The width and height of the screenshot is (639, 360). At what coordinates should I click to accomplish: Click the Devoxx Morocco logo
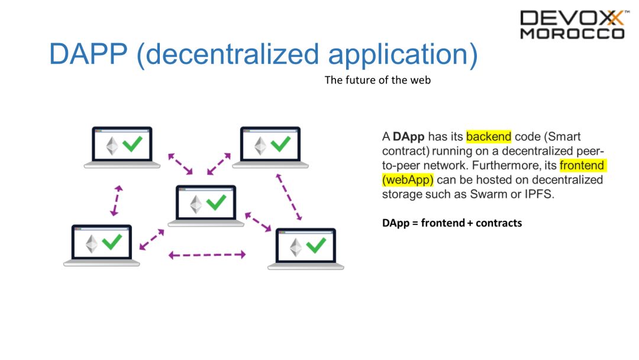[572, 24]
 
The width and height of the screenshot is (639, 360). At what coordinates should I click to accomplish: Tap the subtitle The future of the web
[377, 80]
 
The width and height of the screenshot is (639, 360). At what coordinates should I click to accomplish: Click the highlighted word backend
[489, 137]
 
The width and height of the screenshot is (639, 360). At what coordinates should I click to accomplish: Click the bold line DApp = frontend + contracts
[452, 223]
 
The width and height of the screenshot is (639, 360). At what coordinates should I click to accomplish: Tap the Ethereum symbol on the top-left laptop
[111, 145]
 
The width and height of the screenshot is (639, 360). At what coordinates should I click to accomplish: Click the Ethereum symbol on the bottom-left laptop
[91, 243]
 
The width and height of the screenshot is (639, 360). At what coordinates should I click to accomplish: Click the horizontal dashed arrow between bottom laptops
[206, 255]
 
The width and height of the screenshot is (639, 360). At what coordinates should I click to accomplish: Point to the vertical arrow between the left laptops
[116, 200]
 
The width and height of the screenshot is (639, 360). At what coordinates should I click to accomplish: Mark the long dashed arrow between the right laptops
[289, 196]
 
